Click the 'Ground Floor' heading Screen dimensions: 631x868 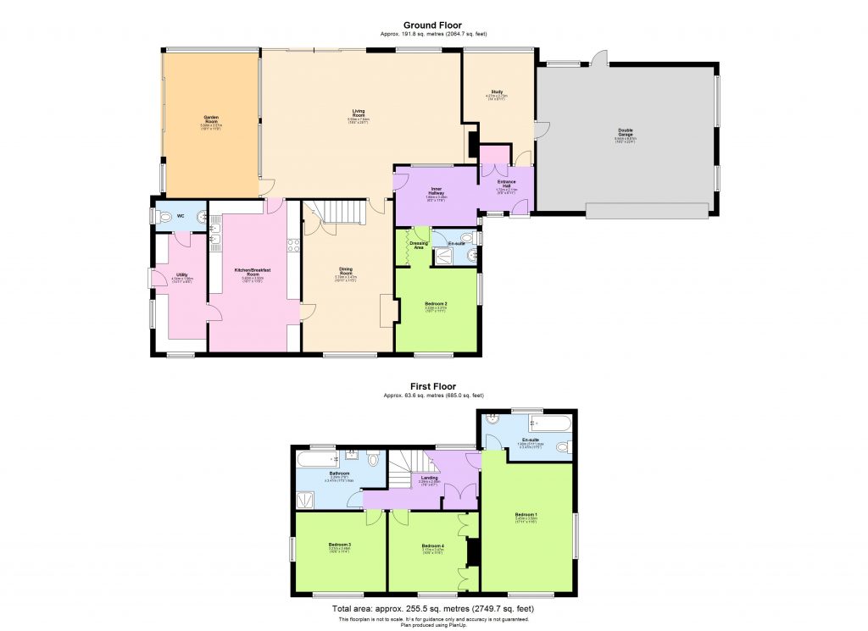point(433,25)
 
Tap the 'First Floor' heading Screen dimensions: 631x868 point(433,387)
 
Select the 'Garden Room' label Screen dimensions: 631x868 point(210,118)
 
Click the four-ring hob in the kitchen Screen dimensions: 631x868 point(293,246)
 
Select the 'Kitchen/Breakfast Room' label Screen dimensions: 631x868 point(252,272)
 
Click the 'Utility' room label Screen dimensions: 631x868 point(181,274)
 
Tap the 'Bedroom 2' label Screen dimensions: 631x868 point(436,303)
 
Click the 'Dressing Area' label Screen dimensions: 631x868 point(417,246)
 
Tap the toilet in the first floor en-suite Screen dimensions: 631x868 point(567,446)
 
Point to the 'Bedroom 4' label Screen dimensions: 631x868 point(432,545)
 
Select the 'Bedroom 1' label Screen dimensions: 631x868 point(526,514)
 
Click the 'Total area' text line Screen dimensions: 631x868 point(433,608)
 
